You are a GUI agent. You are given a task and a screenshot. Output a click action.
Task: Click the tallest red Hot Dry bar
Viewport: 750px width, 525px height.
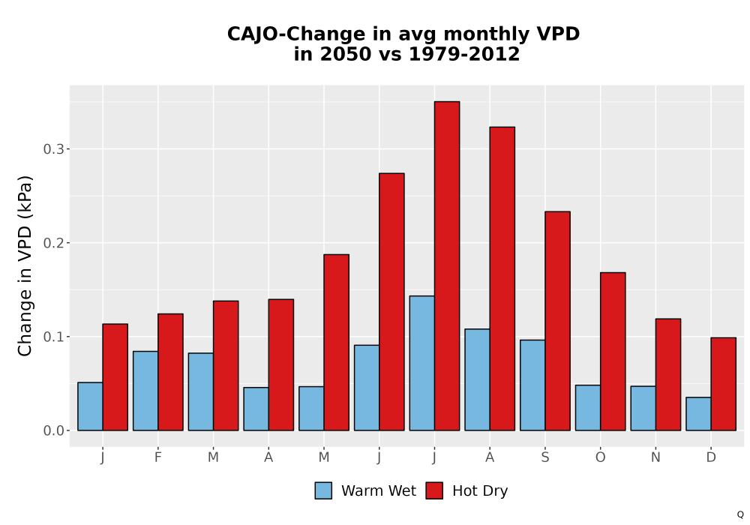(447, 265)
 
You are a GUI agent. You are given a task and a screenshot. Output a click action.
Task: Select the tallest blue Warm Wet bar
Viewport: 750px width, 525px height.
(421, 363)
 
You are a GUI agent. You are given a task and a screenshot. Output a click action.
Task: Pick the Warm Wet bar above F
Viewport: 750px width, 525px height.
(145, 391)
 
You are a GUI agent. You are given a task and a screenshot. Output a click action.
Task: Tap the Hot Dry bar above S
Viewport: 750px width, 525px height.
(557, 321)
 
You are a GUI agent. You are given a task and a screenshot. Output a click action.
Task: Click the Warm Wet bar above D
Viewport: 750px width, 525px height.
(698, 413)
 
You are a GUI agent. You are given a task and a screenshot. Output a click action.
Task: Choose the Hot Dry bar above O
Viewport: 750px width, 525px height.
(613, 352)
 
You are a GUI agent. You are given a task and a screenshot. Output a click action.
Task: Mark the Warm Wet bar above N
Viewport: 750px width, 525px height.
(643, 408)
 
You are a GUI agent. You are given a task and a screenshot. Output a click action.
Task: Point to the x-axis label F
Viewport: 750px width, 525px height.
(157, 457)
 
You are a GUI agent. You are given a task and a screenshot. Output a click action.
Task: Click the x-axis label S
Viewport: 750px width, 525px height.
(544, 457)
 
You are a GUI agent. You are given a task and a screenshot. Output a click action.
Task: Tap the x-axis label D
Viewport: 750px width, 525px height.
(711, 457)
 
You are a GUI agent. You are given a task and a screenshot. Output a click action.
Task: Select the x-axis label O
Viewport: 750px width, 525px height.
(600, 457)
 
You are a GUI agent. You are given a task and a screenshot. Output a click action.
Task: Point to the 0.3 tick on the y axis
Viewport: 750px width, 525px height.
(53, 149)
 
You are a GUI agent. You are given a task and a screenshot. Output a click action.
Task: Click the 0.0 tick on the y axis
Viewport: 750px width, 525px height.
(53, 430)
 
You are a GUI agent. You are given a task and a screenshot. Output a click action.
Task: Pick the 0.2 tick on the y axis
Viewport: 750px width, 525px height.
(53, 243)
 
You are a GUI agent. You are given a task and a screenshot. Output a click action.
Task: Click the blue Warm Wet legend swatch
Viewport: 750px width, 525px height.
(323, 490)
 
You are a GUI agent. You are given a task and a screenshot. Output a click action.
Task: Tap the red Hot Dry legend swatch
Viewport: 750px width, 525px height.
(434, 490)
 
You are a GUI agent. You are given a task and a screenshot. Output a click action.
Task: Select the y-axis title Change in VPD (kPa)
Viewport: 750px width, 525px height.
(25, 266)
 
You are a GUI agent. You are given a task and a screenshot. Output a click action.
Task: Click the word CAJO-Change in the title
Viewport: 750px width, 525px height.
(296, 34)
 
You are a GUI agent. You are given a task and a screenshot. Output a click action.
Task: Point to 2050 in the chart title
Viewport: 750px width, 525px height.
(345, 54)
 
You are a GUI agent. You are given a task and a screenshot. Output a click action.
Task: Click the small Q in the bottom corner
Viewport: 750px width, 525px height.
(740, 514)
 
